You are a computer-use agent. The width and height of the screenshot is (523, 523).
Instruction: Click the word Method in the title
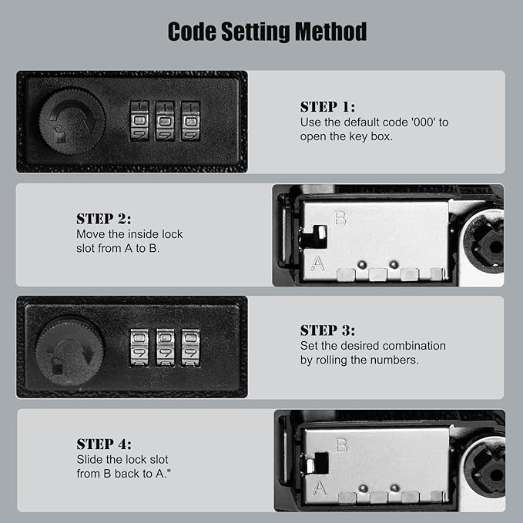point(331,32)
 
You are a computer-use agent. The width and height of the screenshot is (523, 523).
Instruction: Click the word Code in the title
point(192,32)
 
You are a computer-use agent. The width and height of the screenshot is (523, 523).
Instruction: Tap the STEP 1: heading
point(327,107)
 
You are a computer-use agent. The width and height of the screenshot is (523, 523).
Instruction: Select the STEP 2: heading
point(104,219)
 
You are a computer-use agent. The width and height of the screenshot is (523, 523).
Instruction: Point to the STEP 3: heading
point(327,330)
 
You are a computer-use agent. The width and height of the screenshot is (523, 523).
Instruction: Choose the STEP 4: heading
point(104,444)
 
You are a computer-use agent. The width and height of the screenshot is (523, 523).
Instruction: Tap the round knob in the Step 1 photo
point(72,121)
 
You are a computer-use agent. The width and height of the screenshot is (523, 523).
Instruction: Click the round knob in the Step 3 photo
point(70,351)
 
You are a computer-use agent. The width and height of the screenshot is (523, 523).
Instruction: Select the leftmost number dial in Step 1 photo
point(139,121)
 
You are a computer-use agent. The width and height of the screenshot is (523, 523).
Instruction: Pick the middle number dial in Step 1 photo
point(165,121)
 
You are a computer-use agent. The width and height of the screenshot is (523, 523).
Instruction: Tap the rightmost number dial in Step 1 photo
point(190,121)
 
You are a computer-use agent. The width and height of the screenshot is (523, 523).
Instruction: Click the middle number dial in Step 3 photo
point(165,348)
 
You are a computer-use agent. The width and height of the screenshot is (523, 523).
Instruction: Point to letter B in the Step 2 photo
point(340,219)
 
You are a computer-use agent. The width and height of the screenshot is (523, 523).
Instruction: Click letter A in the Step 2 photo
point(317,263)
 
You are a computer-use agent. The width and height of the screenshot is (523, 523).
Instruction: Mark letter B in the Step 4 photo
point(341,445)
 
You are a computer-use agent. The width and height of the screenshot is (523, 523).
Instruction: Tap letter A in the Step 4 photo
point(319,488)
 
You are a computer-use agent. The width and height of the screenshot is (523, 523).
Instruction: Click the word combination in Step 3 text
point(414,346)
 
